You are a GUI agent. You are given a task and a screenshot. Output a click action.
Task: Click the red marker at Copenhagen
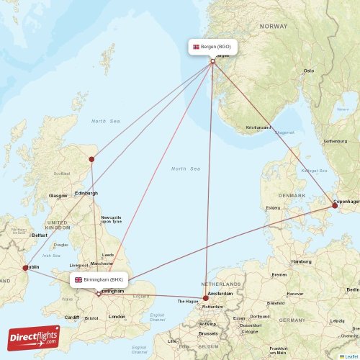[334, 206]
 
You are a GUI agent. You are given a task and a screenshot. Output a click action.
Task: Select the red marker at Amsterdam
[206, 297]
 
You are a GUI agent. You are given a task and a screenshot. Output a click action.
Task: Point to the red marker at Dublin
[25, 268]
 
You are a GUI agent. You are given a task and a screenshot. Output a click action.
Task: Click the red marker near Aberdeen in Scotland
[91, 159]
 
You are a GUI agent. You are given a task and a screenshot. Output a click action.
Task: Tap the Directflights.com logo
[34, 337]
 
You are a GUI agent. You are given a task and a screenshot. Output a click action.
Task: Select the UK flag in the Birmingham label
[78, 279]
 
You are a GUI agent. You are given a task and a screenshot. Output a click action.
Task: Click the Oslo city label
[309, 71]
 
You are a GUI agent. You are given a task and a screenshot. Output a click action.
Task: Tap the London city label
[116, 317]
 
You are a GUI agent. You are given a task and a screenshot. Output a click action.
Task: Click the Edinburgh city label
[86, 193]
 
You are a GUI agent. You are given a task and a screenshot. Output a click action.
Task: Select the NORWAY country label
[274, 26]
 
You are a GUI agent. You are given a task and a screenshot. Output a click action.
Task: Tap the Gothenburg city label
[335, 141]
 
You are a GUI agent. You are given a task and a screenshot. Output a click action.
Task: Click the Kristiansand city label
[258, 127]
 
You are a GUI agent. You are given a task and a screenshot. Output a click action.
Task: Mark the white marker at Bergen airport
[212, 61]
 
